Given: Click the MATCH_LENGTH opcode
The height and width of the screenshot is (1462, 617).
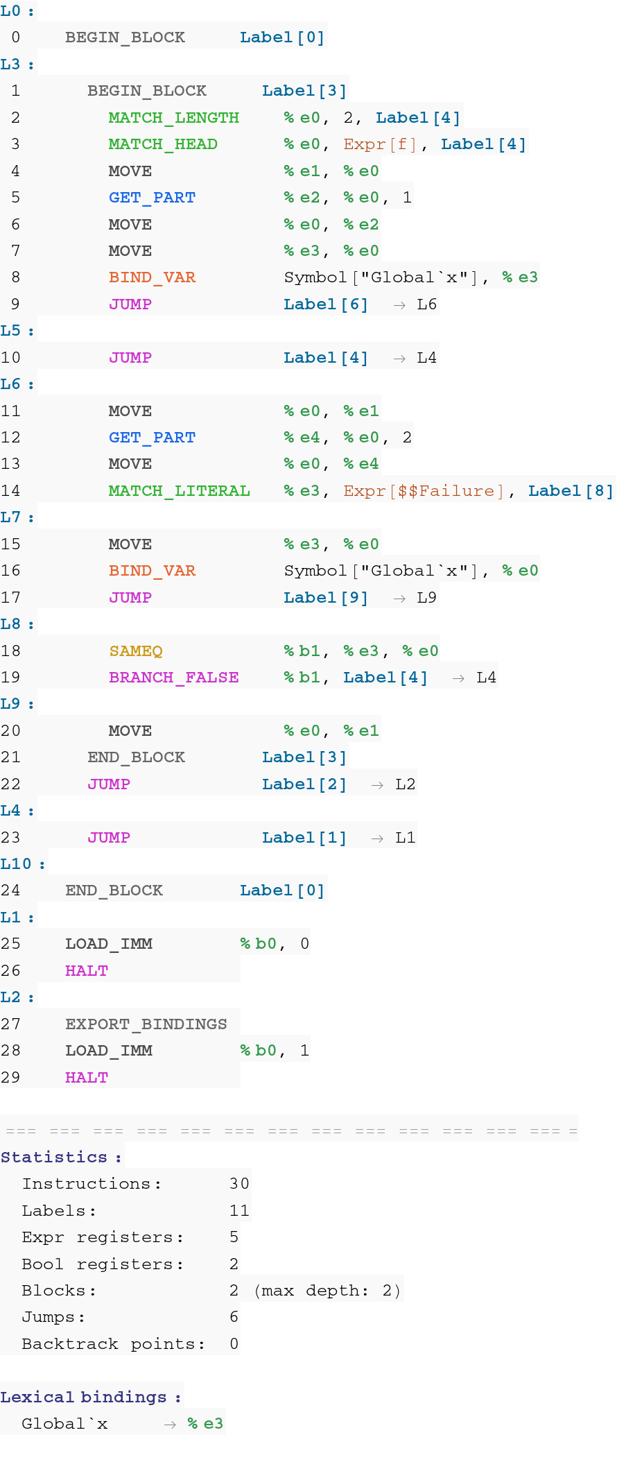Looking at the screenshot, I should click(173, 118).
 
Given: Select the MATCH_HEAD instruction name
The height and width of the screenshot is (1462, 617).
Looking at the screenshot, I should click(163, 144).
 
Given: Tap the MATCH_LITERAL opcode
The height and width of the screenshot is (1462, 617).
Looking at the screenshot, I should click(179, 491).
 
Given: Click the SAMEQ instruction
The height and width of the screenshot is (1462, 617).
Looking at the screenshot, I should click(136, 651).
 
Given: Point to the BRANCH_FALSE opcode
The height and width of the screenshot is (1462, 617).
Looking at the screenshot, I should click(173, 678).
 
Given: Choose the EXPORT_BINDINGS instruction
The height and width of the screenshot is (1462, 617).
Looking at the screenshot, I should click(146, 1024).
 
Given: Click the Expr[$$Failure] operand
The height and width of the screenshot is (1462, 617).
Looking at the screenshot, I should click(423, 491).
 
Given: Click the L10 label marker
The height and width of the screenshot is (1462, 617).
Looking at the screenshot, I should click(16, 864).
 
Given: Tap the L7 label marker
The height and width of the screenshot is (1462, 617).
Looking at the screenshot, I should click(10, 517).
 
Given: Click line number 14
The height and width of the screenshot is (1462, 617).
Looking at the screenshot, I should click(10, 491).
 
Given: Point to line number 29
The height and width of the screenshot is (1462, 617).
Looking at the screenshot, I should click(10, 1078).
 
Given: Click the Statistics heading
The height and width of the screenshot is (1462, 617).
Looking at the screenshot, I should click(54, 1158).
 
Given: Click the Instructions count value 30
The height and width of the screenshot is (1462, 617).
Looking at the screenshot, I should click(239, 1184).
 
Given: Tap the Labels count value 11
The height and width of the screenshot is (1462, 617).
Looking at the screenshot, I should click(239, 1211).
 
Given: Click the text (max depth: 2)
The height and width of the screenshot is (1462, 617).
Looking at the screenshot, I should click(327, 1291).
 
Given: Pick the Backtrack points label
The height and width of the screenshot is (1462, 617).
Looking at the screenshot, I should click(113, 1344).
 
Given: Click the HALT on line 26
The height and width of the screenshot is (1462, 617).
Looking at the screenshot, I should click(87, 971).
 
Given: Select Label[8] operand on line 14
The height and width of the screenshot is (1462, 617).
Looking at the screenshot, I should click(571, 491).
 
